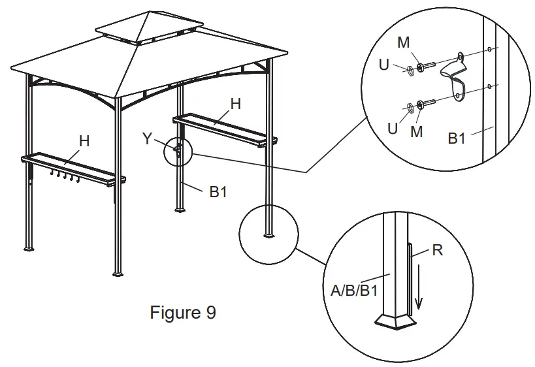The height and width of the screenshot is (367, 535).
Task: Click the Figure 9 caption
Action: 183,313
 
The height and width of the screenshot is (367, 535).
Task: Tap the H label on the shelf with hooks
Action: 84,140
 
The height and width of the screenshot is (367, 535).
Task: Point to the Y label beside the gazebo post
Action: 148,138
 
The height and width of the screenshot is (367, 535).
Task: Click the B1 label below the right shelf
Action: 219,192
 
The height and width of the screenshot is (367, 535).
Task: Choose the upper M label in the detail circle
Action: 403,42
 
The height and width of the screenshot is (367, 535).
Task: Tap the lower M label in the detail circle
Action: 417,131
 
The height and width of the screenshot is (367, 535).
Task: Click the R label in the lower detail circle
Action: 438,250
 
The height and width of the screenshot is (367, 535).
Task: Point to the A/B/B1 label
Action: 354,290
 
